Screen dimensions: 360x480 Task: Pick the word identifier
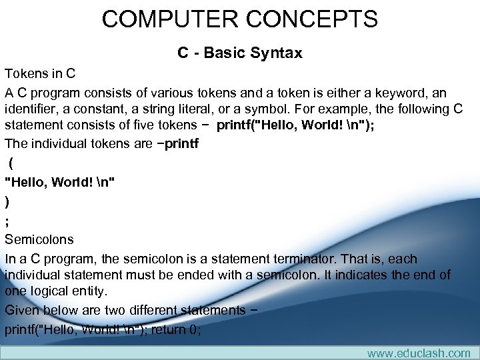(33, 109)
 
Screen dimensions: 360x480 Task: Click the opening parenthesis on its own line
(12, 162)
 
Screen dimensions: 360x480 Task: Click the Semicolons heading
(39, 239)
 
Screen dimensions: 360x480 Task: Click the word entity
(92, 291)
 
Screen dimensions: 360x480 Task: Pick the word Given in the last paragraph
(23, 310)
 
